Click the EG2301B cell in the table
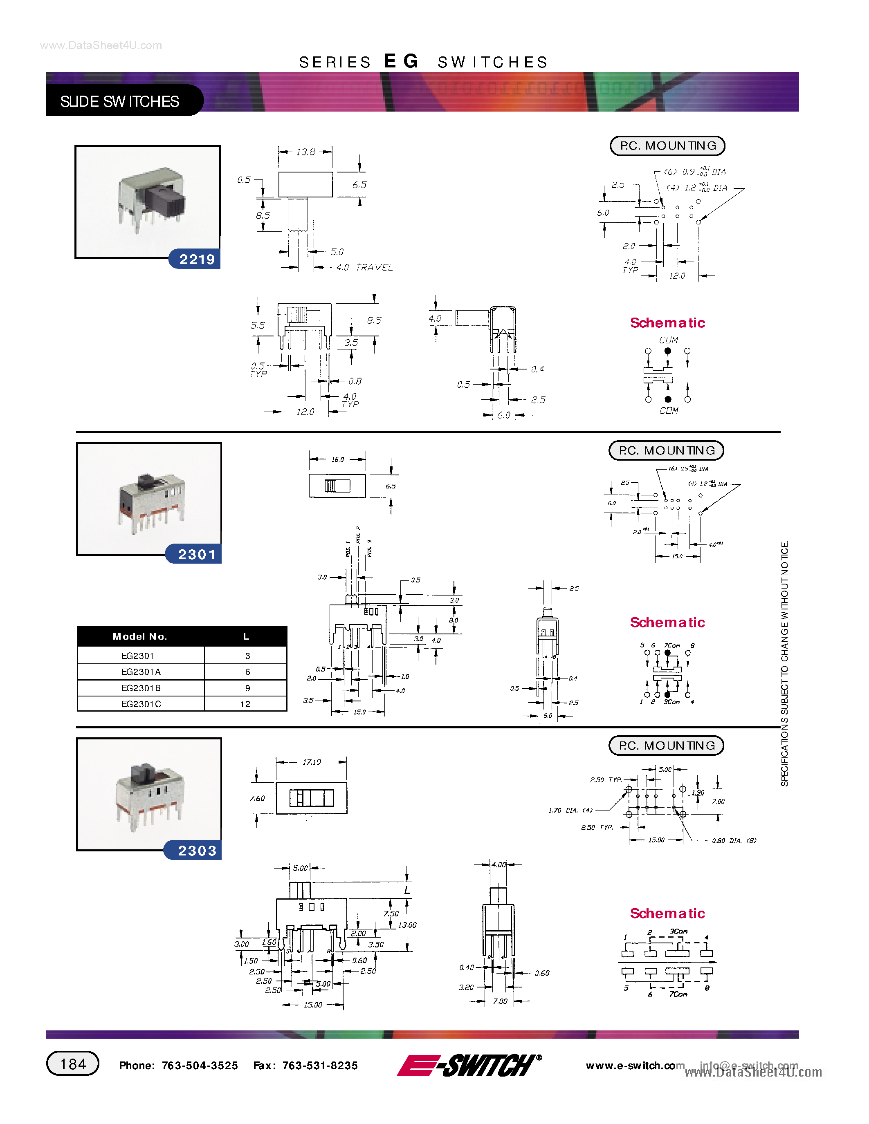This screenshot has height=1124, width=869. point(141,688)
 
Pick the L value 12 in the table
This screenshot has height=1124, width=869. point(245,704)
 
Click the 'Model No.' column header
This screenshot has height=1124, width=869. point(139,637)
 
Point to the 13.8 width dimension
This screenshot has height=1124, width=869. point(305,152)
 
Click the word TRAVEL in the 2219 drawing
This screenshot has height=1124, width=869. point(374,268)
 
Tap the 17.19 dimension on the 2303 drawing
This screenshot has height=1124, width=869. point(312,762)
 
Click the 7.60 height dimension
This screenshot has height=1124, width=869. point(257,798)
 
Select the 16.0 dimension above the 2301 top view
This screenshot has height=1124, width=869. point(337,459)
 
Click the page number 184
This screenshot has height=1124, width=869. point(73,1064)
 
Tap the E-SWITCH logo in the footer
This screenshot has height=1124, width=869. point(469,1065)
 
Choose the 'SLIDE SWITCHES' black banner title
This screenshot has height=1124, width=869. point(119,101)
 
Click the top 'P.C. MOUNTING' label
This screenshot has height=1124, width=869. point(667,146)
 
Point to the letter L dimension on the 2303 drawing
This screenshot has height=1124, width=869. point(407,890)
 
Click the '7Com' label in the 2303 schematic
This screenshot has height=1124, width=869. point(678,994)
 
